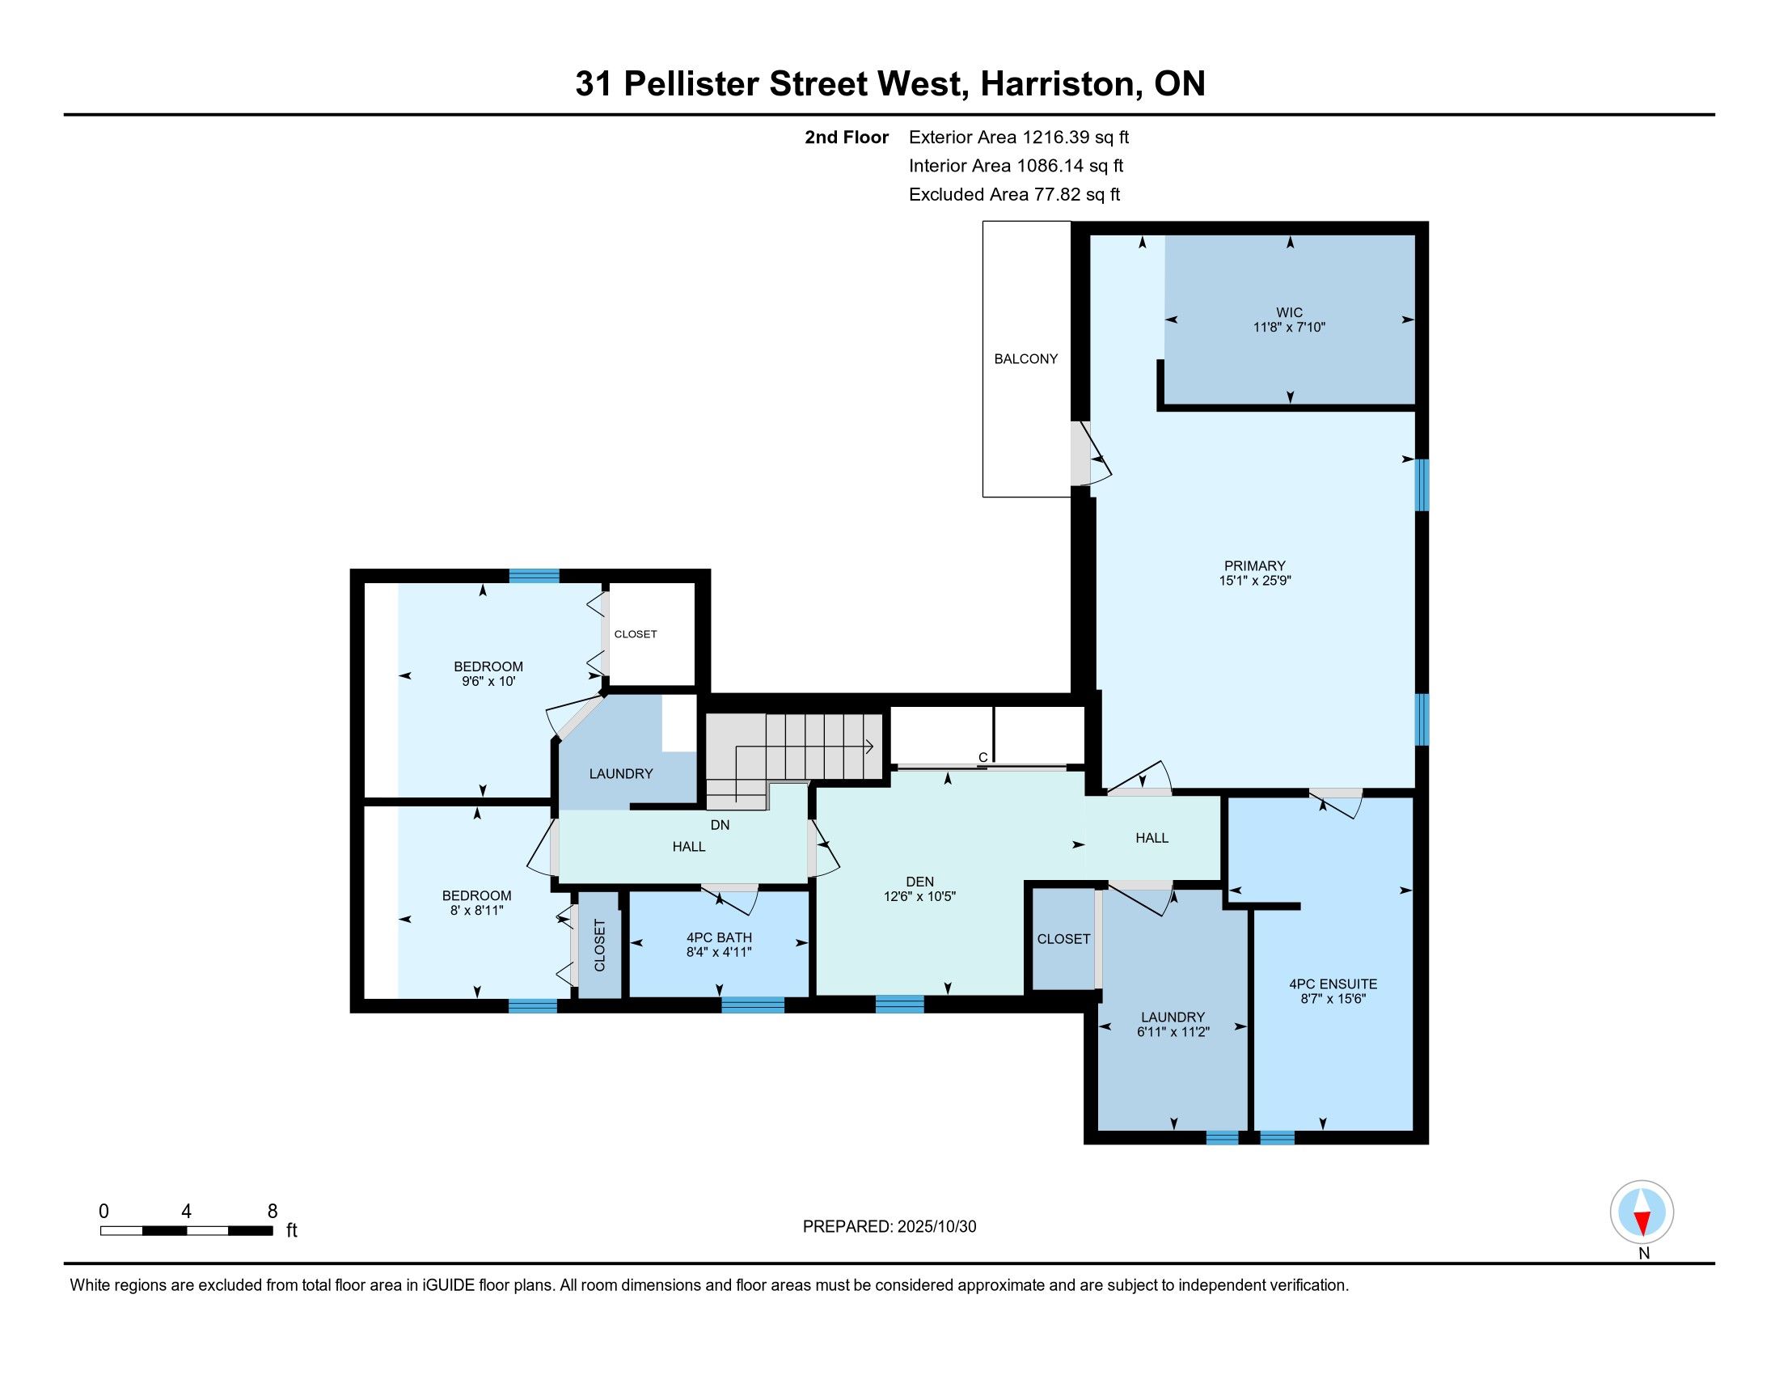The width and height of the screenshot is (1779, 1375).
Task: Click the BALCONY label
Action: tap(1025, 359)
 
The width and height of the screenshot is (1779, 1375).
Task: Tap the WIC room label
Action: tap(1290, 313)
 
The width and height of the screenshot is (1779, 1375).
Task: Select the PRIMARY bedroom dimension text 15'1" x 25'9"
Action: tap(1255, 581)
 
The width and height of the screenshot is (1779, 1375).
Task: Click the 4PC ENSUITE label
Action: tap(1333, 984)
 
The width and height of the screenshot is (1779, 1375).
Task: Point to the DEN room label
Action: tap(919, 882)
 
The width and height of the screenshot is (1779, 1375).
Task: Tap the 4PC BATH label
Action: tap(719, 937)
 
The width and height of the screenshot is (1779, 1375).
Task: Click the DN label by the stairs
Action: tap(720, 825)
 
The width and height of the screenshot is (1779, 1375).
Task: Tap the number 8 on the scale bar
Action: tap(273, 1212)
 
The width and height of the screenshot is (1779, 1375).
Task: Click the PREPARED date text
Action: tap(889, 1227)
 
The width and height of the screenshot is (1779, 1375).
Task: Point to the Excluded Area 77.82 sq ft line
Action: tap(1015, 195)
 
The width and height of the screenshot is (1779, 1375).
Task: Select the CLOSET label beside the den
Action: tap(1064, 939)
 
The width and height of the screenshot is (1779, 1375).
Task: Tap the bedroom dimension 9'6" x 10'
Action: tap(488, 681)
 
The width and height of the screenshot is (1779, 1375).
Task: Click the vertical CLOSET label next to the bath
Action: tap(600, 946)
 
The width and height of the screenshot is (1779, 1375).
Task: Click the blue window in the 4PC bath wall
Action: tap(753, 1005)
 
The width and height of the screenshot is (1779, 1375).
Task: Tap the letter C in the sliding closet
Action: tap(983, 758)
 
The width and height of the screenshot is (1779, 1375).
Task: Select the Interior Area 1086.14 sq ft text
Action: tap(1016, 166)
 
